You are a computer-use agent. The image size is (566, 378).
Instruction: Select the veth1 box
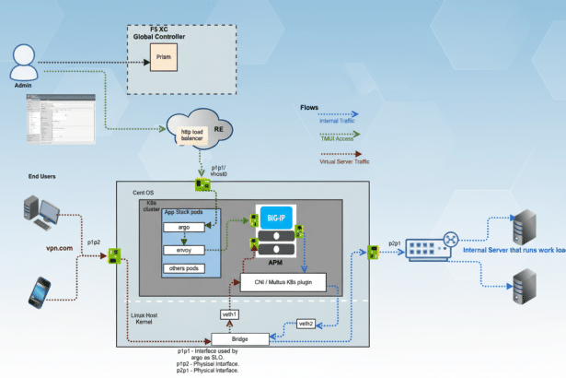click(230, 315)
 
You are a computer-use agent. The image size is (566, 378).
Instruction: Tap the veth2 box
click(308, 323)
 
